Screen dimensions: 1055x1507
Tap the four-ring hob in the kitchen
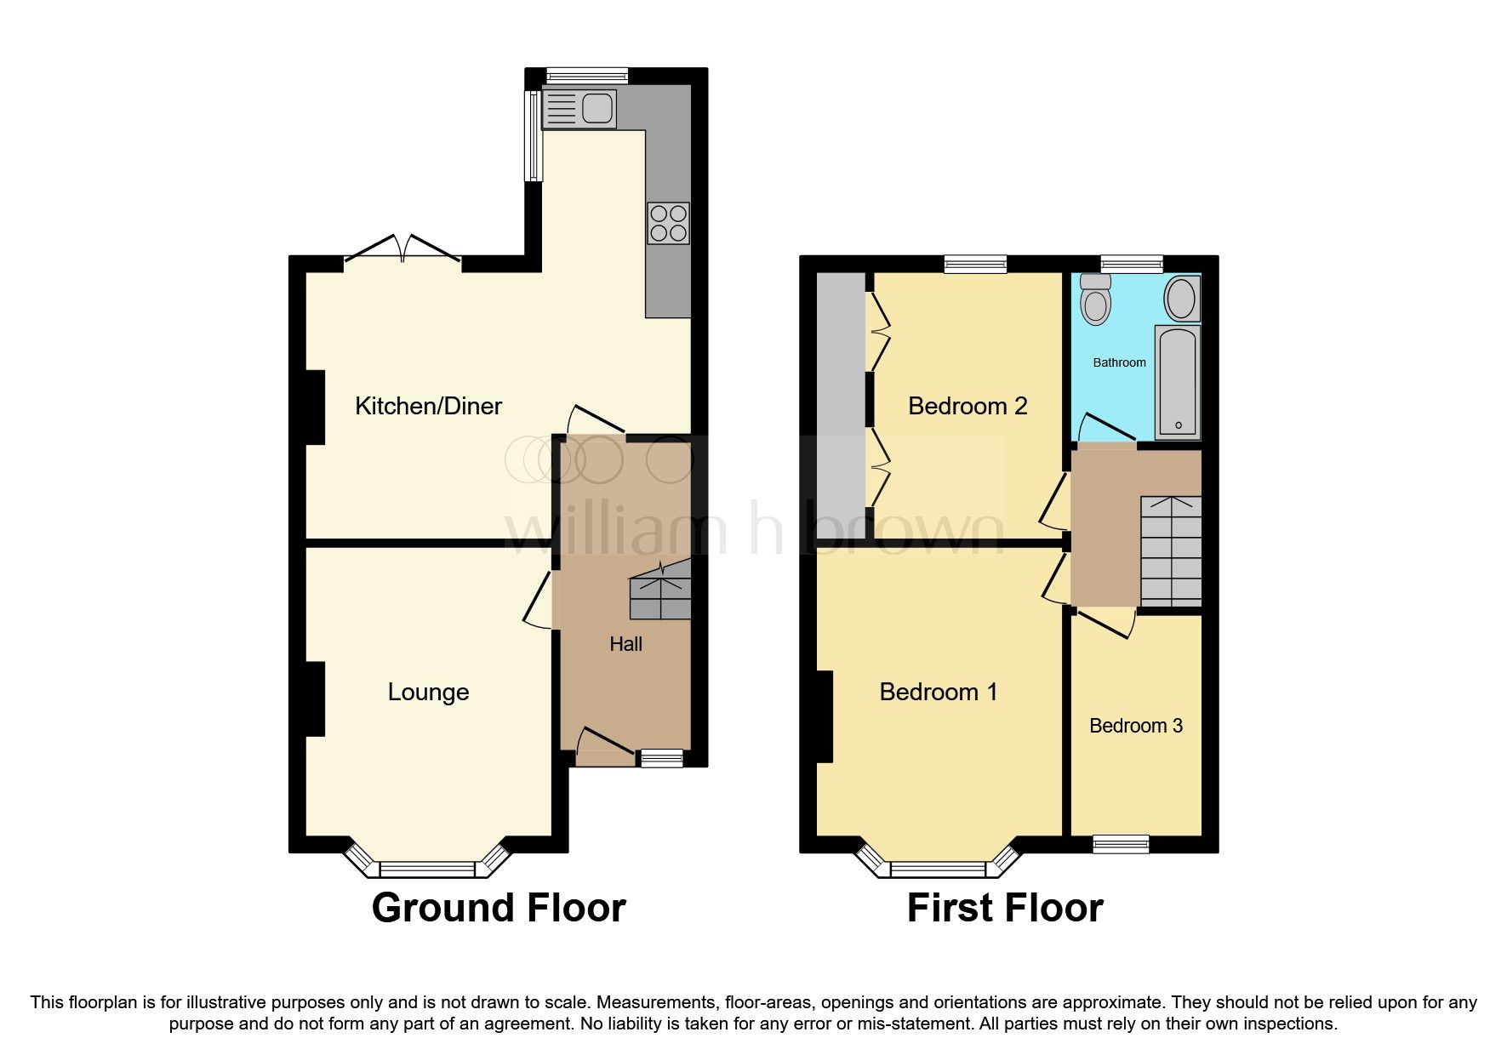668,223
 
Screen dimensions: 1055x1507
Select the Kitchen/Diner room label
428,406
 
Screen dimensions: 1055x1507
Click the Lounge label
428,692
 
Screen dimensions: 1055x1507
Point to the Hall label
625,644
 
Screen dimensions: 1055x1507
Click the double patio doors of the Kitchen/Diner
403,249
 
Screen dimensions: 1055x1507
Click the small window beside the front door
662,758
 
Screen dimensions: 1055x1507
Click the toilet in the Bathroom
1096,299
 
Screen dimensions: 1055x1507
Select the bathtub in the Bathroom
1178,380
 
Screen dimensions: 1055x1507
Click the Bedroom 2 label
968,406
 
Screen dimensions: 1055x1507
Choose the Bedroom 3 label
1136,726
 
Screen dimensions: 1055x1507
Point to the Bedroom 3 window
1121,844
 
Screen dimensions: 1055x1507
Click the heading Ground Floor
499,908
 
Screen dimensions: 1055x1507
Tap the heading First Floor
1005,908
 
